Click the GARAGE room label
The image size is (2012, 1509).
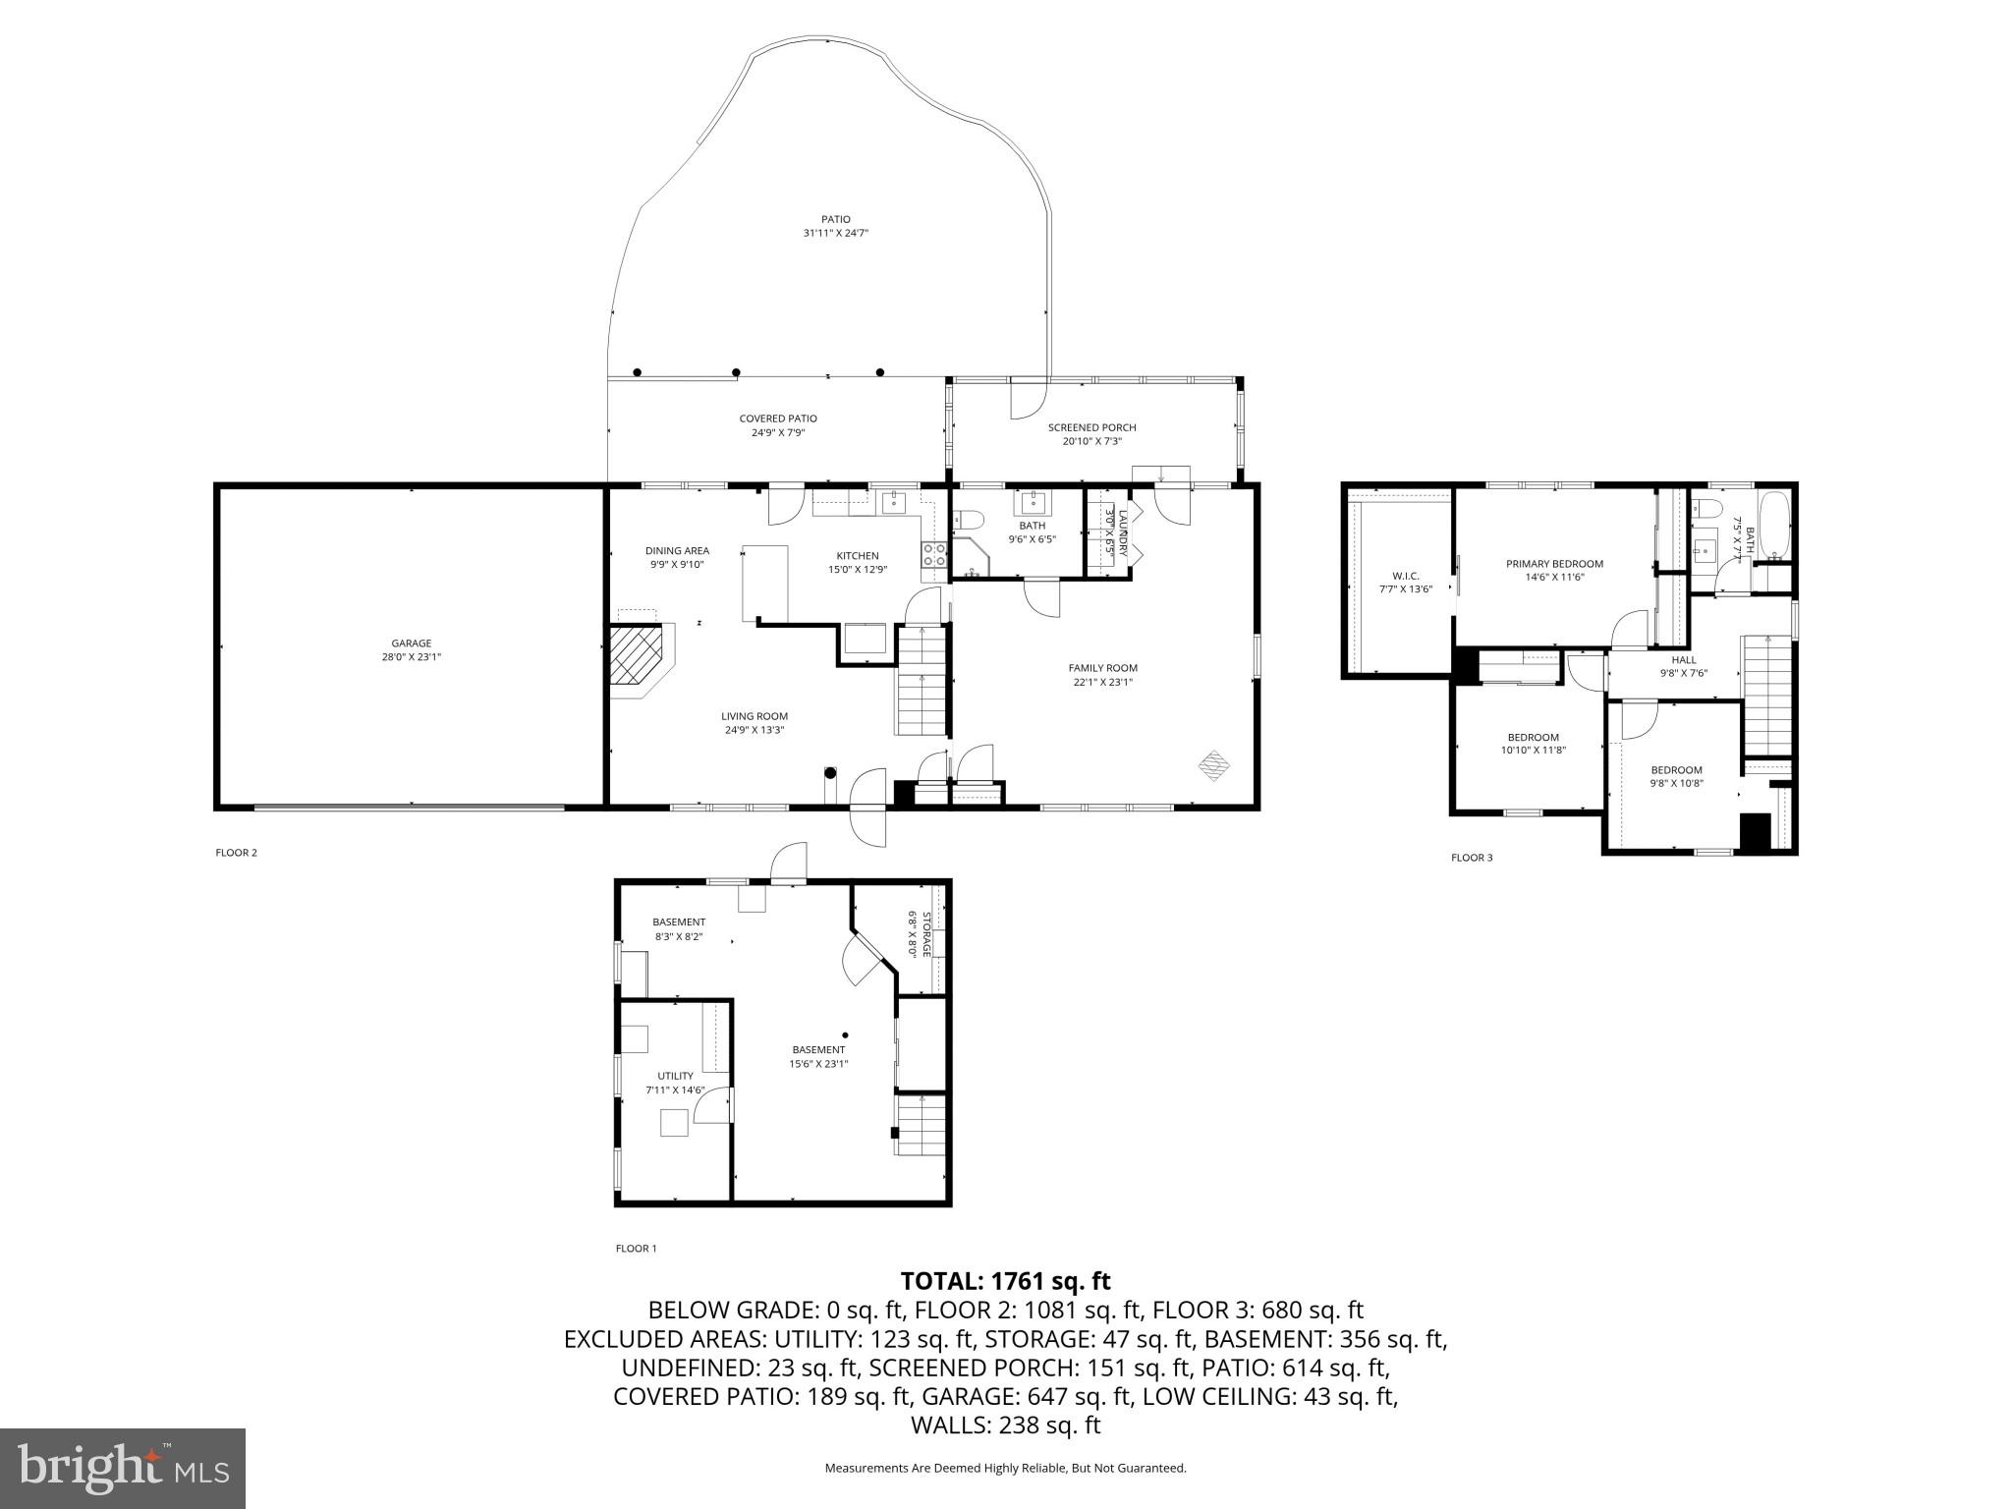(411, 643)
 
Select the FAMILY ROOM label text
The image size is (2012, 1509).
(1102, 668)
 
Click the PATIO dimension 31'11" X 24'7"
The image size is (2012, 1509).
(835, 233)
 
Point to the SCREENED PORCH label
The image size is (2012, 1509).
(1091, 427)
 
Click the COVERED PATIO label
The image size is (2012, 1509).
(778, 419)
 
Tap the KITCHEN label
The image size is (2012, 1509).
(858, 556)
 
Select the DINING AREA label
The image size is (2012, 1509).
(677, 551)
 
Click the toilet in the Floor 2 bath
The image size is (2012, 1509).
(968, 520)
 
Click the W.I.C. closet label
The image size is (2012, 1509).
(1406, 576)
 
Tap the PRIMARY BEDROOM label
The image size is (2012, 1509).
(1554, 564)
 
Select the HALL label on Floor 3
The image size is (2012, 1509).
(1684, 660)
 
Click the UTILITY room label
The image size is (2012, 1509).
(675, 1076)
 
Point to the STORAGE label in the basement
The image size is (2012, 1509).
(925, 934)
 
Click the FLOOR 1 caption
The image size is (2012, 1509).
(636, 1249)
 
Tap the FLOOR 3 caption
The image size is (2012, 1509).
(1472, 858)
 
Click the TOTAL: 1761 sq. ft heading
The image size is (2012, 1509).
(1005, 1281)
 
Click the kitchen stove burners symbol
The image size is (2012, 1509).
(933, 555)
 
